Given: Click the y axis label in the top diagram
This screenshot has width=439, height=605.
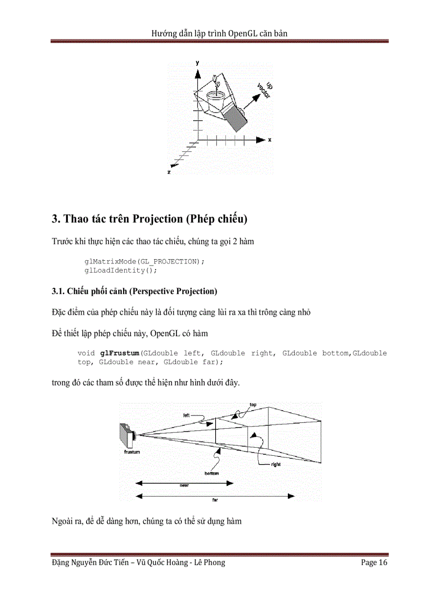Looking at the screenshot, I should click(198, 63).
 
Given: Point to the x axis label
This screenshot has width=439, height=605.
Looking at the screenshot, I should click(270, 140).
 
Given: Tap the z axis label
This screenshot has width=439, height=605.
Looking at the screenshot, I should click(169, 171).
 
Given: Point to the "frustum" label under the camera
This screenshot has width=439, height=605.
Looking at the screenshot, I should click(128, 452).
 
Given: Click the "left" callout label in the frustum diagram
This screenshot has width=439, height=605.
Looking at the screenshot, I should click(186, 415).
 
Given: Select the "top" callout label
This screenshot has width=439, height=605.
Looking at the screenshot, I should click(253, 405).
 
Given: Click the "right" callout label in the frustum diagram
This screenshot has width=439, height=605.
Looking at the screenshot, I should click(276, 464).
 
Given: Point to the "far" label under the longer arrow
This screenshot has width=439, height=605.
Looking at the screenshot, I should click(216, 499).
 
